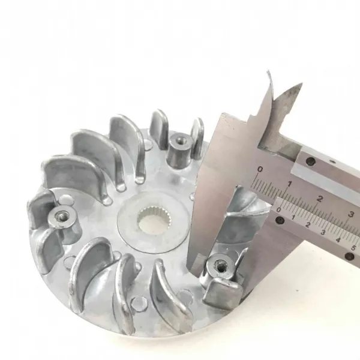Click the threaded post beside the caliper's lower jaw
tap(218, 266)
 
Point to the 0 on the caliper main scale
tap(260, 170)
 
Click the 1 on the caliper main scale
tap(290, 184)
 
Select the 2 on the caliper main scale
tap(319, 199)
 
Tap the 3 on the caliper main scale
tap(350, 214)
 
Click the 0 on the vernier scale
tap(279, 209)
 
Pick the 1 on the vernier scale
tap(293, 217)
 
